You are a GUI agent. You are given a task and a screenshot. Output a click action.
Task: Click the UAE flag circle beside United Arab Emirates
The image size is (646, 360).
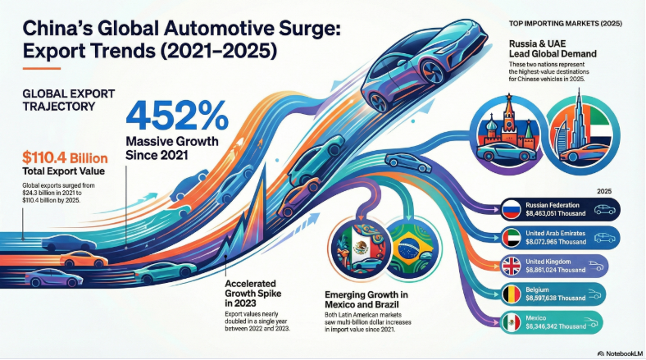pyautogui.click(x=513, y=238)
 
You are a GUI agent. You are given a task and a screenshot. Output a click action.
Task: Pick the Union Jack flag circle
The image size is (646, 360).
pyautogui.click(x=513, y=265)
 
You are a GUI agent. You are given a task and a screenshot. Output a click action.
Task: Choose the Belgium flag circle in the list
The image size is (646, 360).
pyautogui.click(x=513, y=293)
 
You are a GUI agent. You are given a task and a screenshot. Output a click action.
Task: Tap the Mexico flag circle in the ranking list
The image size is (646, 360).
pyautogui.click(x=513, y=321)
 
